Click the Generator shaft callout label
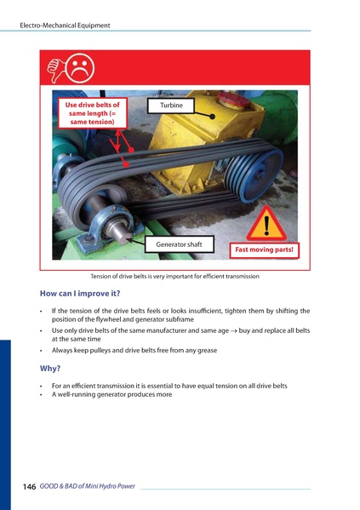(x=179, y=245)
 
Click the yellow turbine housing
(x=196, y=140)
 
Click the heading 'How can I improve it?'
(x=74, y=294)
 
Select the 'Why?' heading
(x=50, y=369)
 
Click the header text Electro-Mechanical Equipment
(x=65, y=26)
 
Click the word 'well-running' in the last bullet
(x=78, y=394)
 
